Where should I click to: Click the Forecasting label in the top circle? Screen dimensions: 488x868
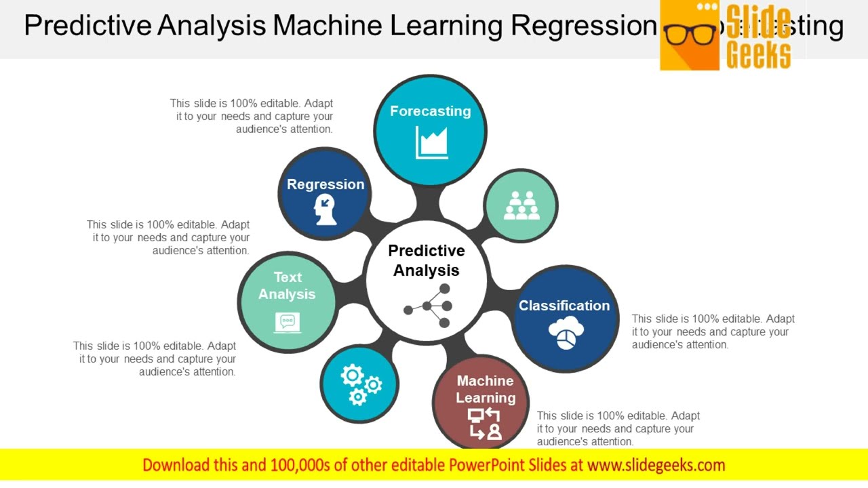pos(430,111)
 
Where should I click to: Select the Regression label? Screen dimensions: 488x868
pos(325,184)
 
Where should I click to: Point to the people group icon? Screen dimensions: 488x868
pos(521,205)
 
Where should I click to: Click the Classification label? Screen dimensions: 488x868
pos(564,306)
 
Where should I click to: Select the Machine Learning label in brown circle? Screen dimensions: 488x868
pos(485,389)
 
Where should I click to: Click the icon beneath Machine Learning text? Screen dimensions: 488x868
pos(485,424)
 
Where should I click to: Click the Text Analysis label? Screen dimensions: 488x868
pos(287,285)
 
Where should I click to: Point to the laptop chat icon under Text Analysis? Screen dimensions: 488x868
pos(288,323)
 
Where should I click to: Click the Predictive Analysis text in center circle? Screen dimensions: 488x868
pos(427,260)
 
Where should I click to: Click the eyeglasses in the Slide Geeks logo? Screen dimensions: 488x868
pos(690,34)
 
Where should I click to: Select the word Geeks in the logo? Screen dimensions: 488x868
pos(758,54)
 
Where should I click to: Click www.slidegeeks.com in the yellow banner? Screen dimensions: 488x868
pos(656,465)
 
